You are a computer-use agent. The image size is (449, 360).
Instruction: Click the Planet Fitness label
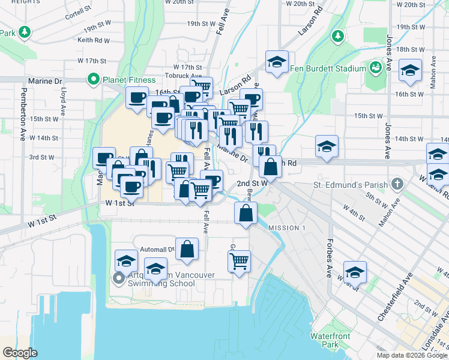coord(128,80)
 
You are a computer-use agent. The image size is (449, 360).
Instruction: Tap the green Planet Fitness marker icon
coord(94,79)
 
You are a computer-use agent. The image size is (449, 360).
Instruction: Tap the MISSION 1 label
coord(287,228)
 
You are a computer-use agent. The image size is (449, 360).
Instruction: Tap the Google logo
coord(20,353)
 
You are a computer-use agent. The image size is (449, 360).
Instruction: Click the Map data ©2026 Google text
coord(411,355)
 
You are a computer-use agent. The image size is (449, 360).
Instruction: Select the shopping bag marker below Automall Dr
coord(187,250)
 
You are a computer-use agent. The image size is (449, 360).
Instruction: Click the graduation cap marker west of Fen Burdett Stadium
coord(277,62)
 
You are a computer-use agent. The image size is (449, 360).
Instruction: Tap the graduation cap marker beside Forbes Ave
coord(355,272)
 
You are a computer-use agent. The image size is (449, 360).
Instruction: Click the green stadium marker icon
coord(376,68)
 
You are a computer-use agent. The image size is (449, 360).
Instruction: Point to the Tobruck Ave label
coord(184,76)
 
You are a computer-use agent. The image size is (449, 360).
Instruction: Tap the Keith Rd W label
coord(94,41)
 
